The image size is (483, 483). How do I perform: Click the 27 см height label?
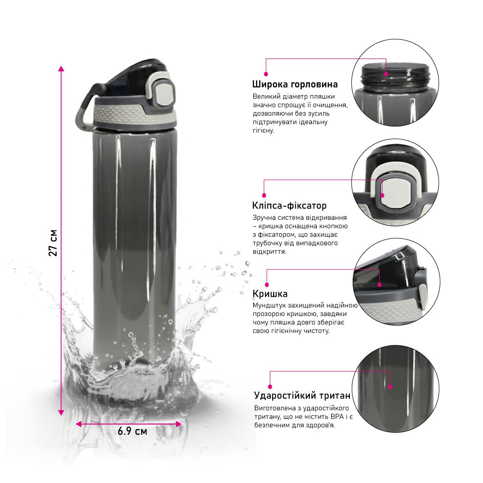click(53, 243)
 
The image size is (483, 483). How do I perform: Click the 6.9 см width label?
click(133, 431)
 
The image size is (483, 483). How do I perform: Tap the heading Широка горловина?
click(295, 84)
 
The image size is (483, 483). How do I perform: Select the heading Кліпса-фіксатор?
click(289, 206)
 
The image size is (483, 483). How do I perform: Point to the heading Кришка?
click(270, 294)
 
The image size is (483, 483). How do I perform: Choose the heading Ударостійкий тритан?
click(302, 396)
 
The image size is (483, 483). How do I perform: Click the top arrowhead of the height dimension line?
click(61, 69)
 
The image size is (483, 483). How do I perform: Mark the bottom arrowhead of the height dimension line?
click(61, 412)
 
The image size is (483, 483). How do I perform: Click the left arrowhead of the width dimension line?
click(79, 424)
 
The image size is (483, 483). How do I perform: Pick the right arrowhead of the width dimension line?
click(178, 424)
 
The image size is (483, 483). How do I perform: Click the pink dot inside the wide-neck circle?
click(386, 74)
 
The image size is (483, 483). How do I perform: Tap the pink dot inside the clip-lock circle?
click(382, 195)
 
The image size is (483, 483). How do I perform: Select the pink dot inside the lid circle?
click(380, 285)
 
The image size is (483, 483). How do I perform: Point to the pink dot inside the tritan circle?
click(390, 387)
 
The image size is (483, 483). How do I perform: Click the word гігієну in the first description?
click(263, 131)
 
